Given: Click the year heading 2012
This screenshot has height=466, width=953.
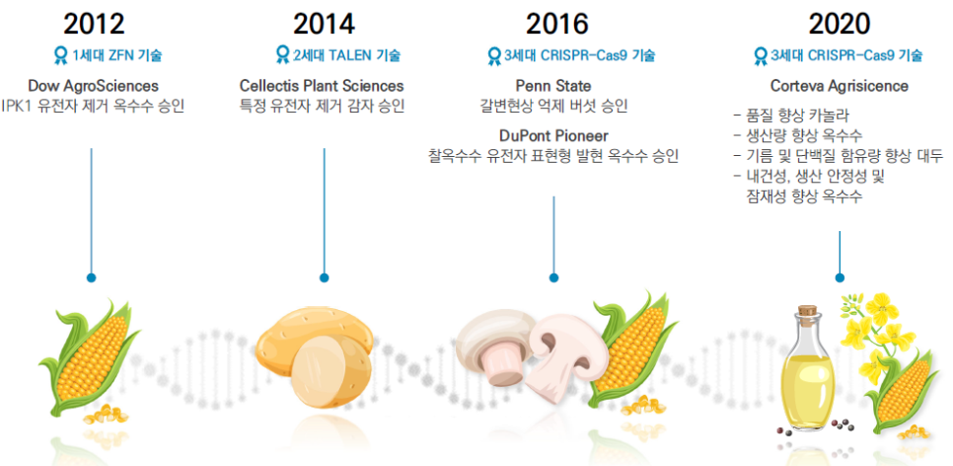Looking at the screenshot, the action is pos(94,25).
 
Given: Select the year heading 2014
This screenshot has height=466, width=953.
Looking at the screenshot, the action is pos(324,25).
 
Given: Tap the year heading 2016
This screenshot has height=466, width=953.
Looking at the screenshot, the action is pos(557,25).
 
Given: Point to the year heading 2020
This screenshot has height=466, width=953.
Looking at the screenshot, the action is pos(840,25).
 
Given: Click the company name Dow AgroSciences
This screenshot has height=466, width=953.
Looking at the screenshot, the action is pos(93,86).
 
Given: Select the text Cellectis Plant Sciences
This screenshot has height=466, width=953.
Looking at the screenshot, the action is pos(322,86).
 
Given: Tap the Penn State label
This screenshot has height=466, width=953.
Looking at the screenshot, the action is pos(553,86).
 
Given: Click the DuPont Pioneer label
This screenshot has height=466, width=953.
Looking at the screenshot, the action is pos(553,135).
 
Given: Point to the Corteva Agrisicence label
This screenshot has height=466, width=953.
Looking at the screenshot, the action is pos(840,86).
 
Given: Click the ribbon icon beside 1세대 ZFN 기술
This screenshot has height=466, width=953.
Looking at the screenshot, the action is pos(61,56).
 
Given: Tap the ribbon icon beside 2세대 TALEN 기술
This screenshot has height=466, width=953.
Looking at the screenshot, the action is pos(282,56).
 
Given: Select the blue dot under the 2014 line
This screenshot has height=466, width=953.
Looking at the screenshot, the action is pos(324,277).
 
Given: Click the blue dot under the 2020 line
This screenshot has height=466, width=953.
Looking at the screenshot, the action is pos(840,277).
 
